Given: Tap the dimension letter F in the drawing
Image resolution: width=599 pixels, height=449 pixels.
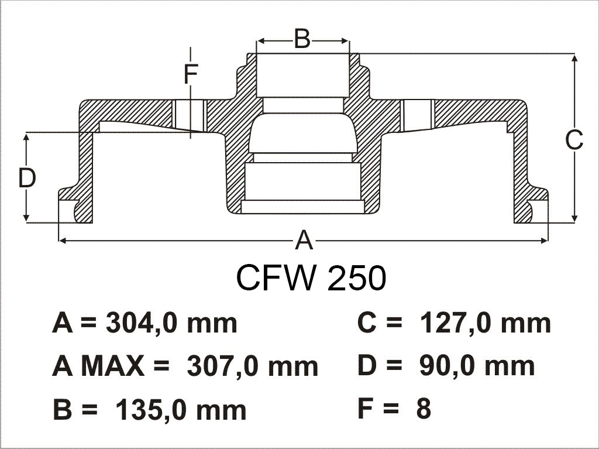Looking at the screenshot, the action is click(x=191, y=74).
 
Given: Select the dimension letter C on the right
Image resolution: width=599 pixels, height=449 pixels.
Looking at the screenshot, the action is click(x=574, y=140).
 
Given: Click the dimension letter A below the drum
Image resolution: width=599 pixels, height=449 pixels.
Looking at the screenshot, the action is click(x=304, y=240).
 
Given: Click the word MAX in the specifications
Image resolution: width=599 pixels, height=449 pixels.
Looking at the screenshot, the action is click(x=113, y=366).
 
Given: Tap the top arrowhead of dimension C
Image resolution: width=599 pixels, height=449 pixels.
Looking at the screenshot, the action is click(x=574, y=58).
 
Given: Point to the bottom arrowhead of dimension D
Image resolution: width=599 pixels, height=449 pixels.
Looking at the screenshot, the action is click(x=26, y=217).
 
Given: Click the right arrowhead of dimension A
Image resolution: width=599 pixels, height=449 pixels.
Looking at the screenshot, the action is click(x=544, y=240).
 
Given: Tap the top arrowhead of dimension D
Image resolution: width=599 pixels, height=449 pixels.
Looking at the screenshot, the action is click(x=26, y=138).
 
